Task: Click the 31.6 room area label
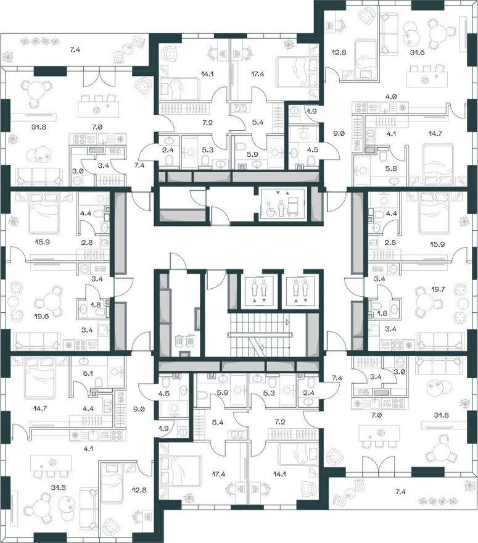point(417,52)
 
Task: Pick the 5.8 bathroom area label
point(391,168)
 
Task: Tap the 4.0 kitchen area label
point(391,97)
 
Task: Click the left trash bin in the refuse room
point(180,341)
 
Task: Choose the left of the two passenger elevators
point(259,291)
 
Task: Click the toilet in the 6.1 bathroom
point(99,383)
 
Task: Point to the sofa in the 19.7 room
point(440,341)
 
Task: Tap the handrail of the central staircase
point(260,335)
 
